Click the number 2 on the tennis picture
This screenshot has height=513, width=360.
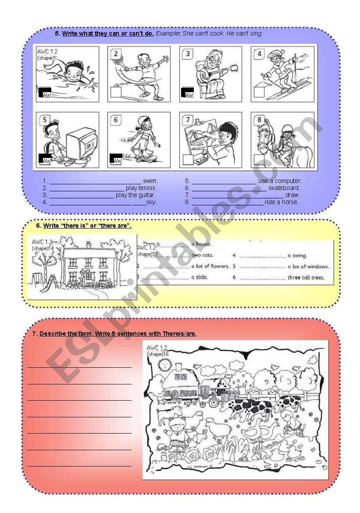116,54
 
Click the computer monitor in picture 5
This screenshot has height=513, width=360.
81,143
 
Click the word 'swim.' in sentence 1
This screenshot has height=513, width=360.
150,181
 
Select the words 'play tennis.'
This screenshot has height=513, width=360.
141,188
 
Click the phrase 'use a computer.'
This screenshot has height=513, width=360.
280,181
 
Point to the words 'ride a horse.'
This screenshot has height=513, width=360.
282,202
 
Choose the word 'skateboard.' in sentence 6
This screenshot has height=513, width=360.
284,188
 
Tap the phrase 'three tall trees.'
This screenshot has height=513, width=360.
306,277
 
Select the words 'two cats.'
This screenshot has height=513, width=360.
202,255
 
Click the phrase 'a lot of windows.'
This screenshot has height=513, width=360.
308,266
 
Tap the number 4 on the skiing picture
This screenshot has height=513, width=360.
260,54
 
